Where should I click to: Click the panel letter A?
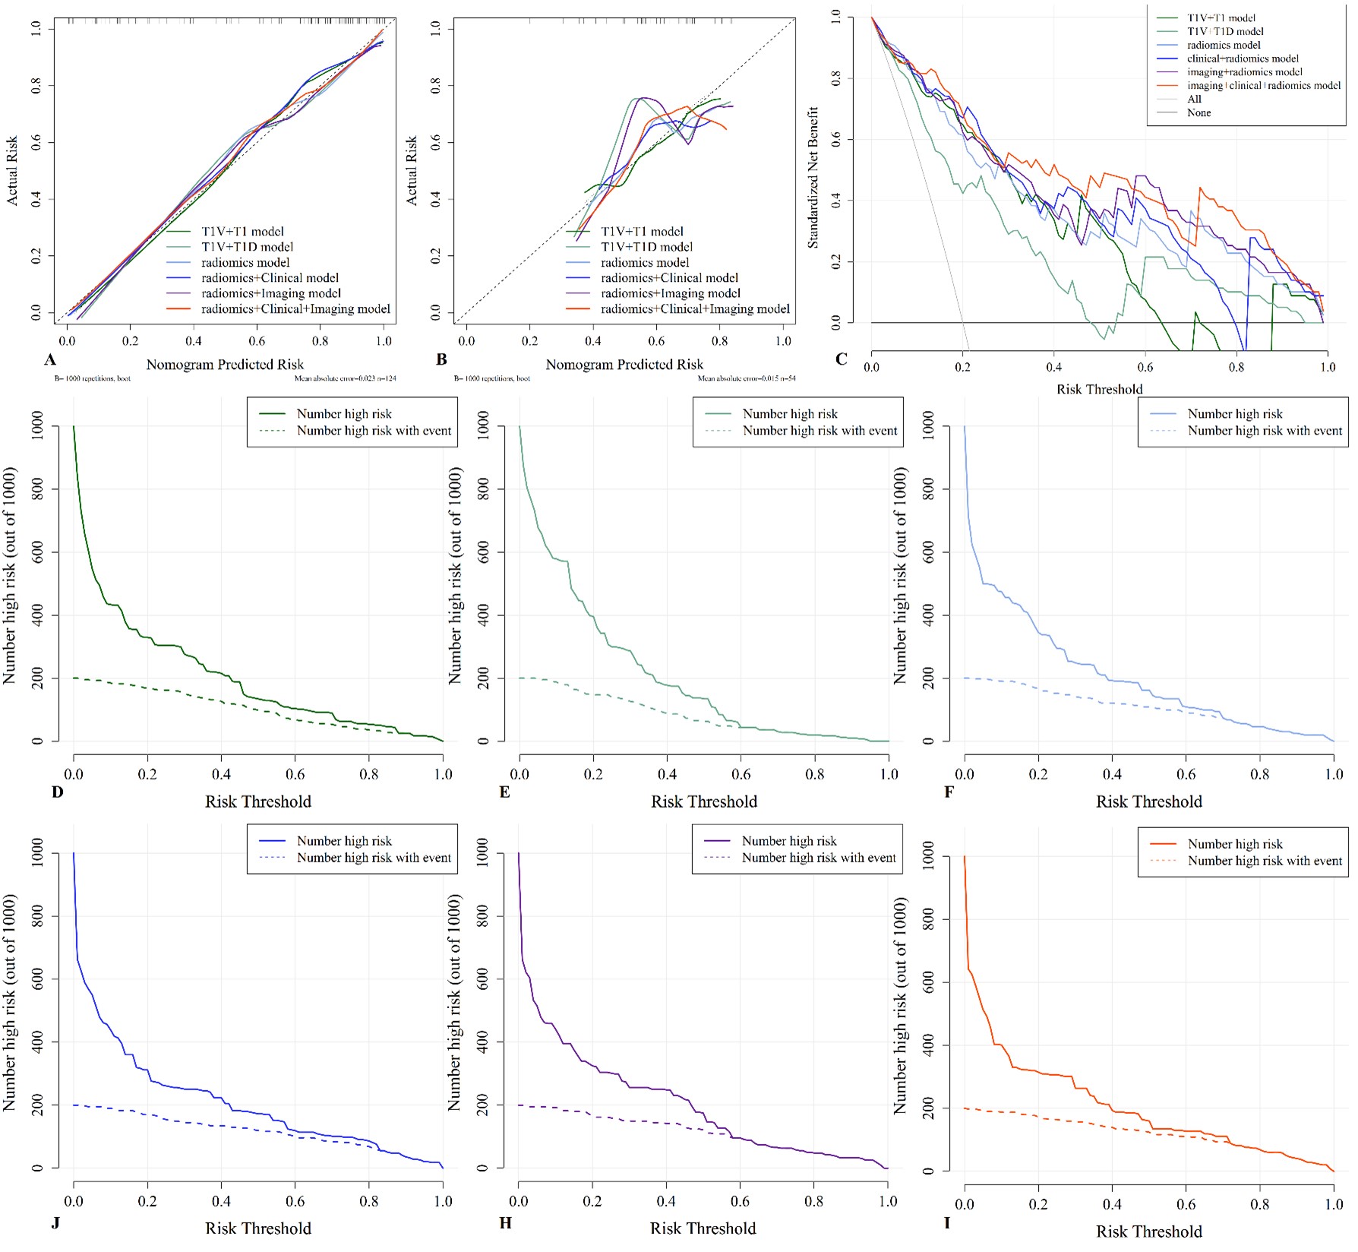(50, 359)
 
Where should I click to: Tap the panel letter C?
(841, 359)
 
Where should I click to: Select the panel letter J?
(56, 1222)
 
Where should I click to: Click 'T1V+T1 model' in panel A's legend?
(242, 232)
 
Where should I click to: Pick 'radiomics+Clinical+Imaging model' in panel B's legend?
(695, 309)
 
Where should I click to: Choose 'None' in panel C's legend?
(1199, 112)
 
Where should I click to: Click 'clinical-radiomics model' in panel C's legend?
(1243, 58)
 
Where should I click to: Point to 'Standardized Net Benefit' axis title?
(813, 177)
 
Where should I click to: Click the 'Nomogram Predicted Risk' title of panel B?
(624, 365)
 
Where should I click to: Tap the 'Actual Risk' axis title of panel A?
(13, 171)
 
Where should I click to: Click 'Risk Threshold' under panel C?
(1099, 389)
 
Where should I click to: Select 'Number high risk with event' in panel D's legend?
(374, 431)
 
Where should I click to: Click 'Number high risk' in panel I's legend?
(1234, 844)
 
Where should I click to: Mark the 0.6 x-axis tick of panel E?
(741, 775)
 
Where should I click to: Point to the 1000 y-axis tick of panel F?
(928, 427)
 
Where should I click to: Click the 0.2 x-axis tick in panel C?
(962, 367)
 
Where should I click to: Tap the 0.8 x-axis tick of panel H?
(813, 1202)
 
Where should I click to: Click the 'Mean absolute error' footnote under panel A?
(345, 378)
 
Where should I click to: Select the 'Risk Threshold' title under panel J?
(258, 1228)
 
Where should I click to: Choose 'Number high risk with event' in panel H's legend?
(819, 858)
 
